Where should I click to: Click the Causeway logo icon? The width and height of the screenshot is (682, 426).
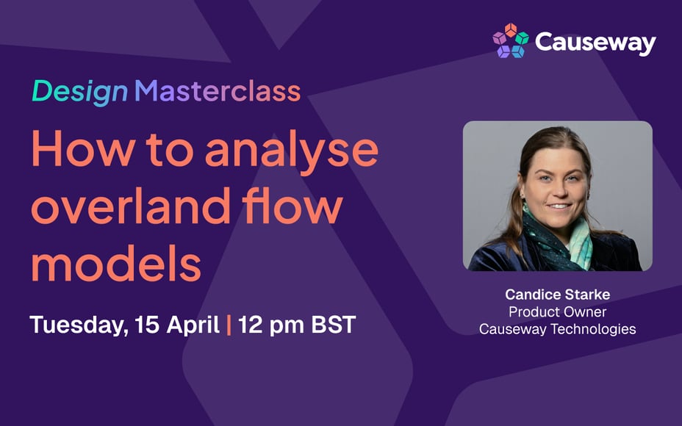pyautogui.click(x=510, y=41)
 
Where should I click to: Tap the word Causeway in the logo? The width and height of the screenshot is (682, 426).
pyautogui.click(x=595, y=43)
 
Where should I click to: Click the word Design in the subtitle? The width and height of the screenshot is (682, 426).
pyautogui.click(x=79, y=91)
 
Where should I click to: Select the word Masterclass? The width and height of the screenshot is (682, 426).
pyautogui.click(x=218, y=91)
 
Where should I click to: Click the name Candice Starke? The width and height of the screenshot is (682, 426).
pyautogui.click(x=557, y=295)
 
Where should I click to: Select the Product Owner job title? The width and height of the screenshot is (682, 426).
pyautogui.click(x=557, y=311)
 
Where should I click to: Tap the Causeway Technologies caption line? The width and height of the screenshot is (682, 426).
pyautogui.click(x=557, y=329)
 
